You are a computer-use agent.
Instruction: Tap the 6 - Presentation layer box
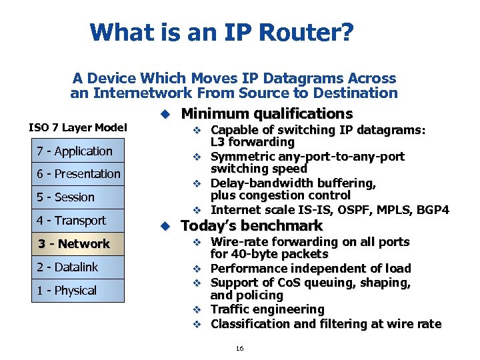79,174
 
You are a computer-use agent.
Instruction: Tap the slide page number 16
239,348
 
